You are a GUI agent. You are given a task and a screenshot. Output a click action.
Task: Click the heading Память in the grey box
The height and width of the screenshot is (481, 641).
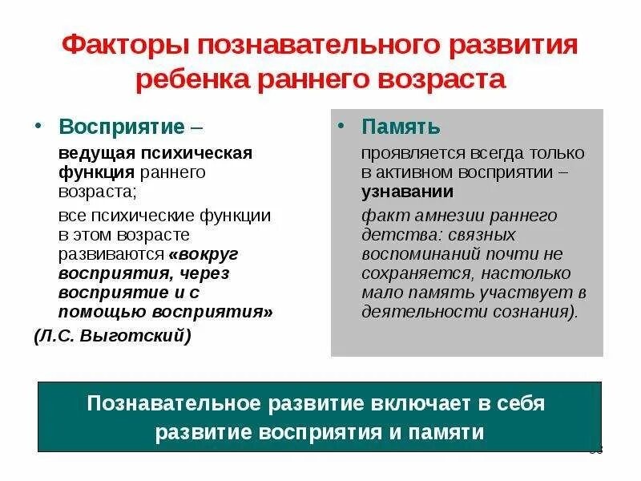click(401, 127)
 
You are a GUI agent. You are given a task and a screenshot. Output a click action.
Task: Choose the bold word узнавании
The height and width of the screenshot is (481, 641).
click(407, 192)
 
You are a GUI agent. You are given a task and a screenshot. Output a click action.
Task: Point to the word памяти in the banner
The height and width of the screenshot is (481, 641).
click(451, 432)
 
